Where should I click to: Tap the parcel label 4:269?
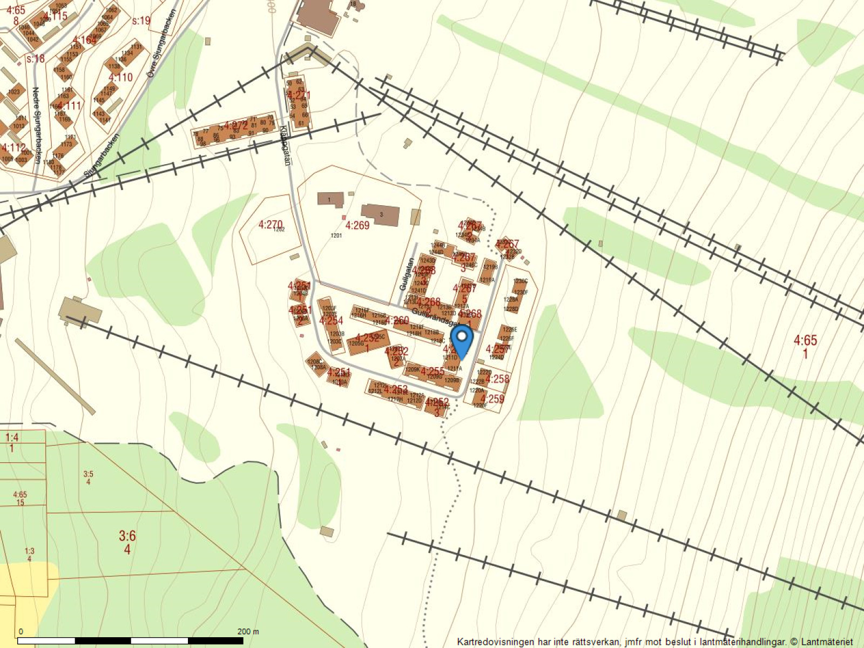click(357, 225)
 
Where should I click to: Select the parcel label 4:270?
click(270, 224)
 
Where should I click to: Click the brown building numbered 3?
click(381, 214)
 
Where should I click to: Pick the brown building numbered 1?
click(329, 199)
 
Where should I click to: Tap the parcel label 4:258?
click(497, 379)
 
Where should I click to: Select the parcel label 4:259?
click(492, 399)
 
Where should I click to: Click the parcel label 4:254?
click(331, 320)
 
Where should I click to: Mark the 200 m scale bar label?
click(248, 631)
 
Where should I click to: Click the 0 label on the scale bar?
click(21, 631)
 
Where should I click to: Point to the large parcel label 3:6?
click(127, 536)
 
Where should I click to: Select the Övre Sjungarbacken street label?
click(160, 43)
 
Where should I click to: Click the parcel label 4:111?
click(69, 105)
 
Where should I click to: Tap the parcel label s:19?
click(141, 21)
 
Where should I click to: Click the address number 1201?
click(336, 235)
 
